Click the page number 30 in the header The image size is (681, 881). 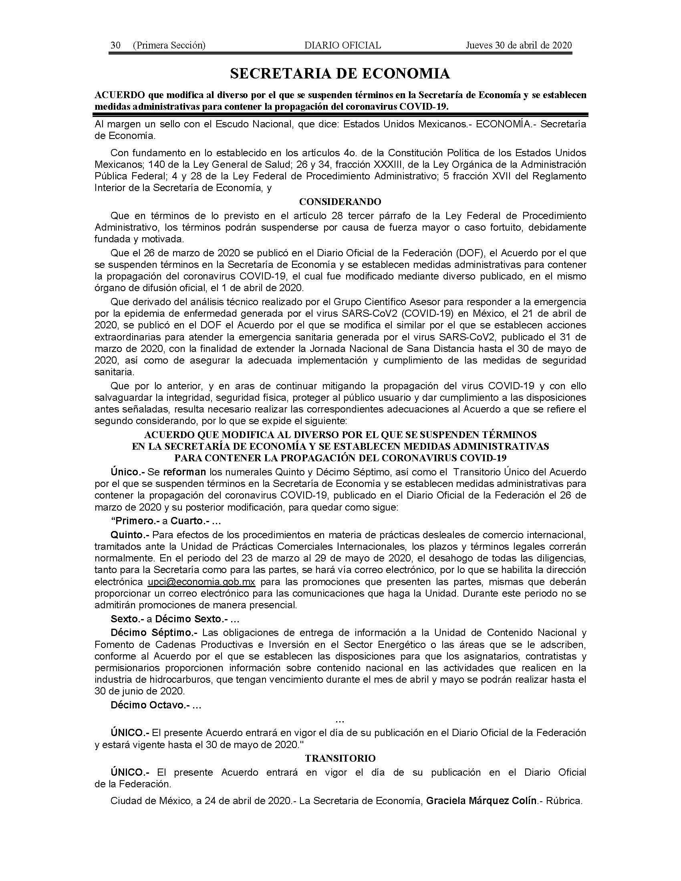[115, 45]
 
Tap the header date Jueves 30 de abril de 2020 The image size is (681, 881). [519, 45]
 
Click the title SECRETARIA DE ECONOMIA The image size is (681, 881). [340, 74]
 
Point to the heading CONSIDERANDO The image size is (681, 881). [340, 201]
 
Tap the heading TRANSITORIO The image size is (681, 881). [340, 758]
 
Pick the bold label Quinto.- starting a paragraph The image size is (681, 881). [130, 535]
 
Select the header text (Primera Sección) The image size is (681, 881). [169, 45]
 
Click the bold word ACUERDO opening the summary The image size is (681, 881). [119, 95]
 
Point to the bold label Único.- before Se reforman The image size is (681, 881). [127, 472]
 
